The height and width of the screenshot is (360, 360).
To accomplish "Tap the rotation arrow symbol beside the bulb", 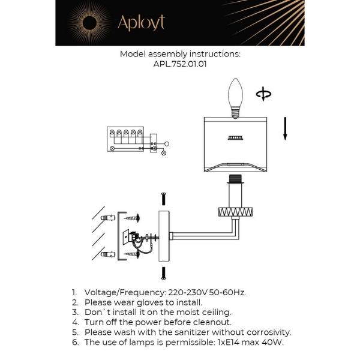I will coord(263,94).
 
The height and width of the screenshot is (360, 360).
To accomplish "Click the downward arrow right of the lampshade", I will coord(285,128).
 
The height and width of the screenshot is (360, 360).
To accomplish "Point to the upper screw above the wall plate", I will coord(163,199).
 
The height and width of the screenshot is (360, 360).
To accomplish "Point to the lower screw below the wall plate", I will coord(163,274).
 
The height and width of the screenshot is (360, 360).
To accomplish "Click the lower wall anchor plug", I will coord(108,256).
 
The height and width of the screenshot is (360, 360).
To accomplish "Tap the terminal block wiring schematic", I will coord(133,140).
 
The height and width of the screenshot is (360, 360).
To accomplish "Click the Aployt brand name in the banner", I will coord(141,23).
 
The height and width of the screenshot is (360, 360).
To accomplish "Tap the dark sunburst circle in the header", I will coord(83,23).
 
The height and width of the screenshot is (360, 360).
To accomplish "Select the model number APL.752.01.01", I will coord(180,65).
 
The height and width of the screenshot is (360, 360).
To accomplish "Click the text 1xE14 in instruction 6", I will coord(224,342).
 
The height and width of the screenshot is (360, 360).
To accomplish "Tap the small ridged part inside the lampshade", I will coord(235,139).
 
